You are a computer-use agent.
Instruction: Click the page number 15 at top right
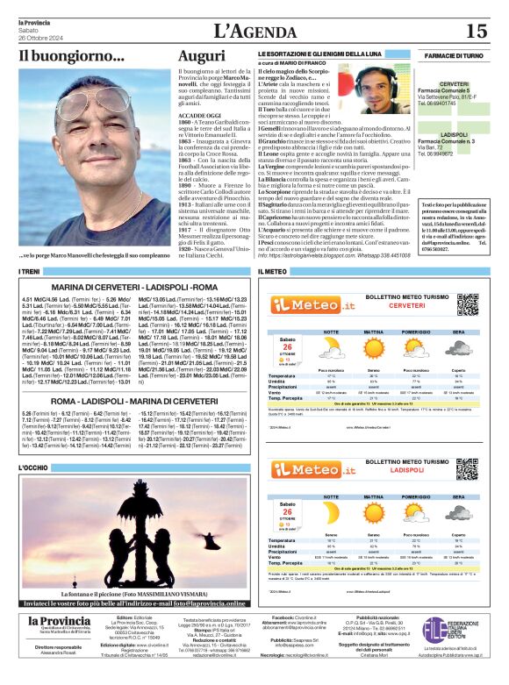point(476,32)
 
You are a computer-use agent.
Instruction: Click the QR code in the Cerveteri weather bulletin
point(468,303)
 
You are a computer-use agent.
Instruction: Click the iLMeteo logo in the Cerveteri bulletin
point(307,304)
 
